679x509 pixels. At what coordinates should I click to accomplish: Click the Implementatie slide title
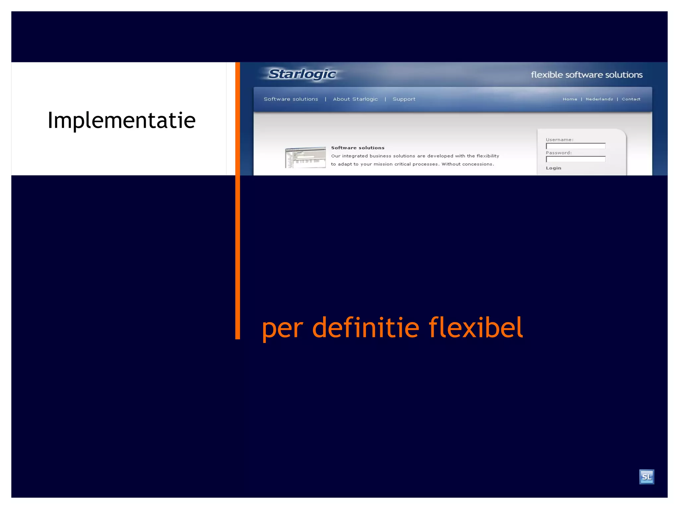coord(121,120)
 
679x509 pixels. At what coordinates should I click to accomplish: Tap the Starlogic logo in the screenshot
coord(302,74)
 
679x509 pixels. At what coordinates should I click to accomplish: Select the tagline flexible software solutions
coord(586,75)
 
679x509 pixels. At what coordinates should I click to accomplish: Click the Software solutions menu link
coord(291,99)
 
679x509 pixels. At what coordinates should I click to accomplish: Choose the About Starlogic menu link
coord(355,99)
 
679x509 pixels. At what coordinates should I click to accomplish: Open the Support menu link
coord(404,99)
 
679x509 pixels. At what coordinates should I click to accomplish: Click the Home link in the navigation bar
coord(570,99)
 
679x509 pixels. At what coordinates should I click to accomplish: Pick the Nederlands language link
coord(599,99)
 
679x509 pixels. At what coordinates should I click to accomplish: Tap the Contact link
coord(631,99)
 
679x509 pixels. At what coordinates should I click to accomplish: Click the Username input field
coord(576,146)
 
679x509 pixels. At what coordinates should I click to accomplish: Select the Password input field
coord(576,159)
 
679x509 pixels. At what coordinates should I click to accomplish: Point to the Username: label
coord(559,140)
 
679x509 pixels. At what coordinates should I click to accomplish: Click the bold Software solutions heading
coord(358,148)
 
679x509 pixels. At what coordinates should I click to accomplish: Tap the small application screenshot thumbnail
coord(305,157)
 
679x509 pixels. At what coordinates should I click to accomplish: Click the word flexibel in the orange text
coord(476,327)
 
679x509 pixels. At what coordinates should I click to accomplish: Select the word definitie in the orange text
coord(366,327)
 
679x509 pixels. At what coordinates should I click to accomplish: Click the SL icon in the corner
coord(647,477)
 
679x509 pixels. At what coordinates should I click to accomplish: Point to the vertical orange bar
coord(237,232)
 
